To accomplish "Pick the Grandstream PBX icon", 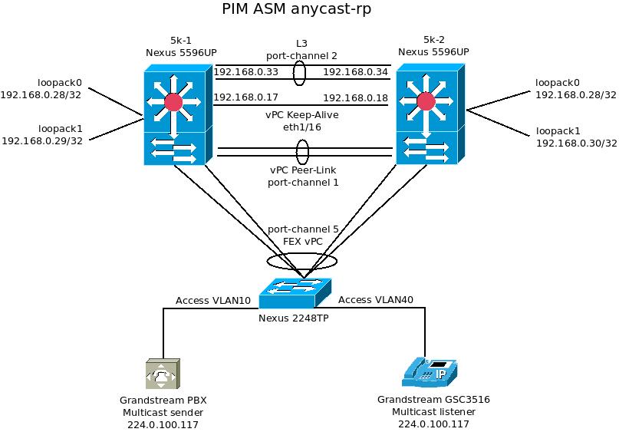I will click(163, 374).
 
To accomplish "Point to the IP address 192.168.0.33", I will click(246, 72).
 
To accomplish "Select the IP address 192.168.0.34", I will click(356, 72).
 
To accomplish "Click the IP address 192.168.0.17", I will click(246, 97).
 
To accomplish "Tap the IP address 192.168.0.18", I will click(356, 97).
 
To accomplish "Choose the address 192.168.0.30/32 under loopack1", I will click(575, 143).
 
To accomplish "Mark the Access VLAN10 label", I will click(213, 300).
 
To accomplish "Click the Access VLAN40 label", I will click(376, 300).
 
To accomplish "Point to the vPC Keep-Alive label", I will click(304, 114).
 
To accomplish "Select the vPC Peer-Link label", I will click(302, 170).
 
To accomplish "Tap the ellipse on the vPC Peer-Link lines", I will click(303, 151).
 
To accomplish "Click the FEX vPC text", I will click(304, 242).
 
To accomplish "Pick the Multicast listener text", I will click(433, 412).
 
